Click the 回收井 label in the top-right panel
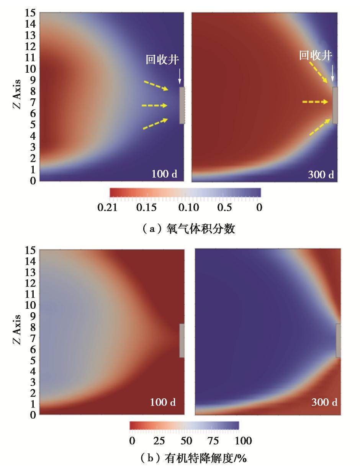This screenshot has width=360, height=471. click(316, 56)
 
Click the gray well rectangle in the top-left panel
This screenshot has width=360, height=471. click(182, 105)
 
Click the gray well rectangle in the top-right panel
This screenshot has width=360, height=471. click(335, 105)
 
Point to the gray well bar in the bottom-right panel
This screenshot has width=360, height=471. click(338, 341)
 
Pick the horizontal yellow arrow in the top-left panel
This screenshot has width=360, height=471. click(154, 105)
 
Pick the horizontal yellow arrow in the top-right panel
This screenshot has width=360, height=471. click(315, 102)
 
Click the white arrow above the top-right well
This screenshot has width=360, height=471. click(332, 73)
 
